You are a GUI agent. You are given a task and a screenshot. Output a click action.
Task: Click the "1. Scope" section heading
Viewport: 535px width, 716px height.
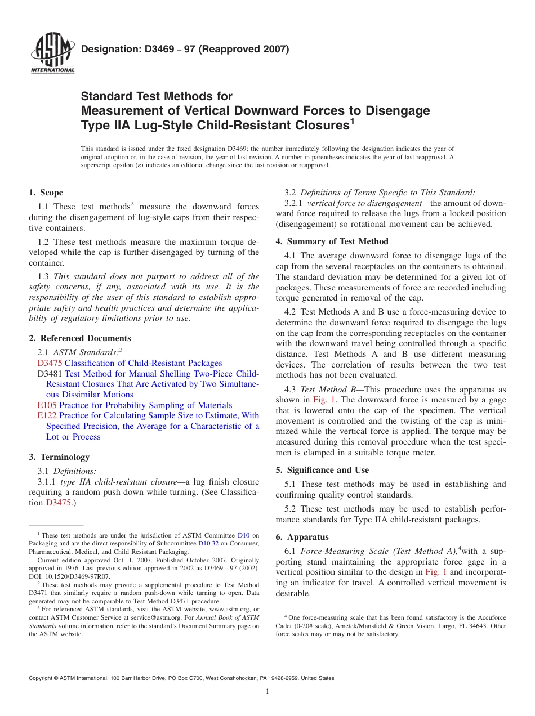pyautogui.click(x=46, y=193)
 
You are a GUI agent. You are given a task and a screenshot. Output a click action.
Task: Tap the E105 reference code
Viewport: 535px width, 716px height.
pyautogui.click(x=47, y=405)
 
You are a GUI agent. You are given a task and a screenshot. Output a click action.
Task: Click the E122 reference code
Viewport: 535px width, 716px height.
pyautogui.click(x=47, y=416)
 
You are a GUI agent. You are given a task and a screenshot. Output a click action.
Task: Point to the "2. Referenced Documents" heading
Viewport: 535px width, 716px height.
pyautogui.click(x=80, y=338)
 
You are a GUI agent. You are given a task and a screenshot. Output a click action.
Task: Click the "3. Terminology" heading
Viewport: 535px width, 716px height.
pyautogui.click(x=59, y=457)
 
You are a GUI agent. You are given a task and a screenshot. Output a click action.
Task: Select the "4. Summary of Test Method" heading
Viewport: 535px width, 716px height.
pyautogui.click(x=332, y=241)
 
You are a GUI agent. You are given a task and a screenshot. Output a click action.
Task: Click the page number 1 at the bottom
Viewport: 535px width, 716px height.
pyautogui.click(x=267, y=692)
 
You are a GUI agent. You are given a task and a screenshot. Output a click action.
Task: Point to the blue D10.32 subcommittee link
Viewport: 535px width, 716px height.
pyautogui.click(x=208, y=544)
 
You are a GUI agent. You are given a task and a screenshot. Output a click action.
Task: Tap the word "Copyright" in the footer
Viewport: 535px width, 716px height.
pyautogui.click(x=41, y=678)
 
